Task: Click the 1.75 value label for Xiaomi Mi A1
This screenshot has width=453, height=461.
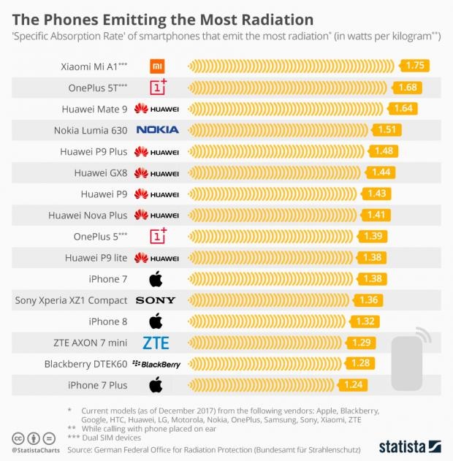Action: (414, 66)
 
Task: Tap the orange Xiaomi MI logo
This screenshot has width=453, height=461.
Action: (157, 66)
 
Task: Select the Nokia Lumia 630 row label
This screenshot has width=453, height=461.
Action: (91, 130)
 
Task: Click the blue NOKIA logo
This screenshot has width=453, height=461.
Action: (157, 130)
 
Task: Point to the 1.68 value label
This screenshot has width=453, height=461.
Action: (407, 88)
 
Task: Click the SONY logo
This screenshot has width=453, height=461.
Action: (156, 300)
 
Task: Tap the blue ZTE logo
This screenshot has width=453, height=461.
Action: (156, 343)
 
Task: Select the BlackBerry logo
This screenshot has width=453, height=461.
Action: (156, 364)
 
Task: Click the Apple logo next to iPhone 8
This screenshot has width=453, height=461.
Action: (156, 321)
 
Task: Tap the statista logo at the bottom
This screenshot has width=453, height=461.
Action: (409, 445)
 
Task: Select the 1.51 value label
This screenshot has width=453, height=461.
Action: (387, 130)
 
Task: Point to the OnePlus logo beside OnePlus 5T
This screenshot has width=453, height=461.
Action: (158, 87)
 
